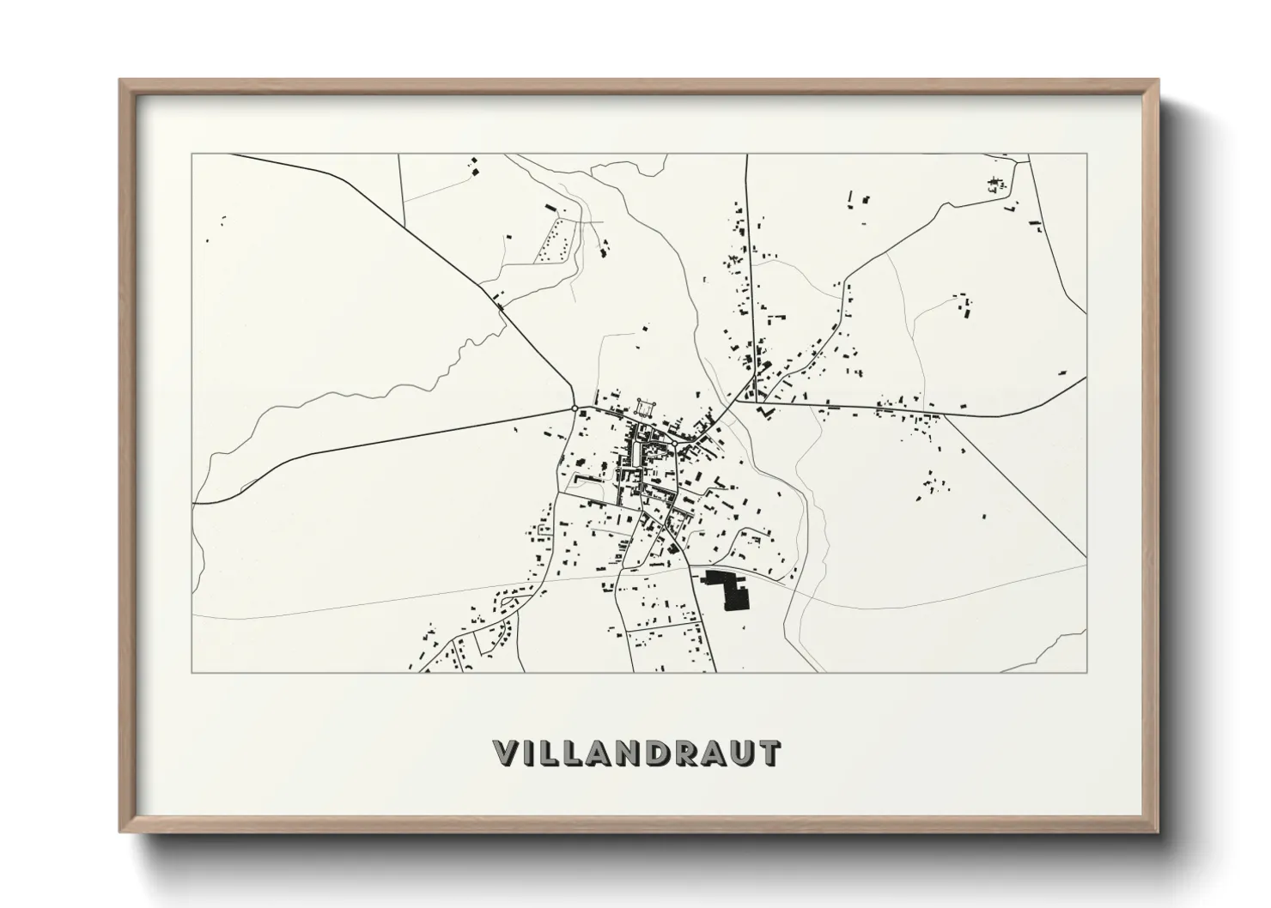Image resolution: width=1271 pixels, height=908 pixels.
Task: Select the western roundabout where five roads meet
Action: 574,409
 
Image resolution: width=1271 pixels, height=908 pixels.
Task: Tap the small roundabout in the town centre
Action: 674,444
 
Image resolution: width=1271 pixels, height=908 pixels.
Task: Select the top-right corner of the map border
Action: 1086,154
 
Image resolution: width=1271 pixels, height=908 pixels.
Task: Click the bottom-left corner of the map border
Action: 192,672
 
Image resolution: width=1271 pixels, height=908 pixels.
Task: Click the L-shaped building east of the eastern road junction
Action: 764,411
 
